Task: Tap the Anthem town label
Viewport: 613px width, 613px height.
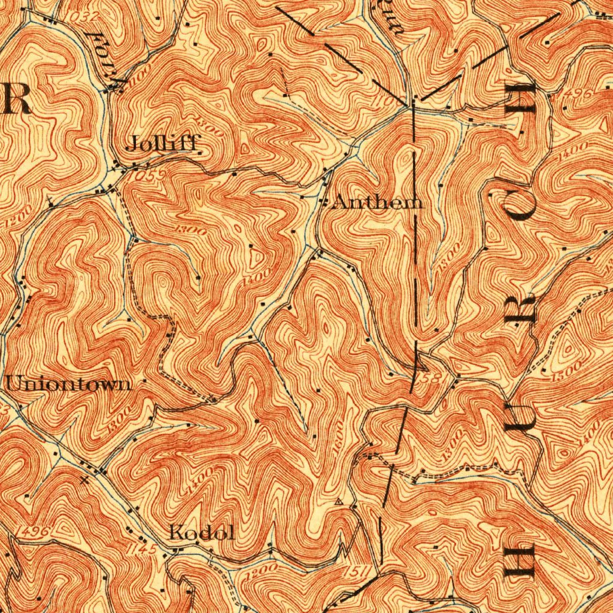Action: [x=378, y=202]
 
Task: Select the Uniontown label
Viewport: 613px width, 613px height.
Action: [x=69, y=384]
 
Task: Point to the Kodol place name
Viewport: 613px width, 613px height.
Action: [x=201, y=532]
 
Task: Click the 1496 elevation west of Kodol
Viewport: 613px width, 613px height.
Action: [x=38, y=531]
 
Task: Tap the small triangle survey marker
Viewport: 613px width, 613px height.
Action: [x=339, y=501]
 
